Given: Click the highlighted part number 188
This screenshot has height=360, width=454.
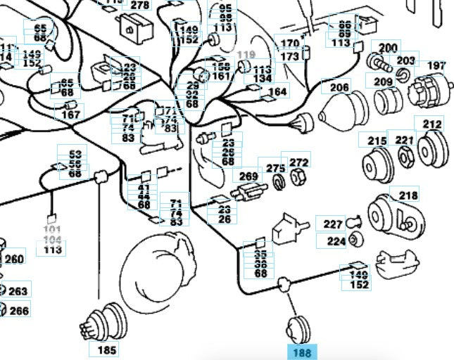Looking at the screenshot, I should [x=302, y=351].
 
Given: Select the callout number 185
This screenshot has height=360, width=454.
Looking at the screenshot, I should [x=107, y=349].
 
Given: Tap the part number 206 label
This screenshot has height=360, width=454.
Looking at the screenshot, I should [x=339, y=88].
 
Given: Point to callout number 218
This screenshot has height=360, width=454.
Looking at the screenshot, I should [x=408, y=195].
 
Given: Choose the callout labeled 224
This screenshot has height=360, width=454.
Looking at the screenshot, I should [x=336, y=242].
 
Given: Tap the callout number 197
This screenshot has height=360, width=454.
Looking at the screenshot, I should [x=436, y=66].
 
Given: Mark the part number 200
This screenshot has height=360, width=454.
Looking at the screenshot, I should [x=388, y=49].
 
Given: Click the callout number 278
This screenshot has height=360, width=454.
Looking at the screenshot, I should [x=140, y=5].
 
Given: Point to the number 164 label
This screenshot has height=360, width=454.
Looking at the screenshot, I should [x=277, y=92].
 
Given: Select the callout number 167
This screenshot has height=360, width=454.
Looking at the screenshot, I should [x=71, y=114].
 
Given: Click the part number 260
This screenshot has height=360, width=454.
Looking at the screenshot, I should [x=15, y=259].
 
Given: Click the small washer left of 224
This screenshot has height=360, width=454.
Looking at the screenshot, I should [x=355, y=241].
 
